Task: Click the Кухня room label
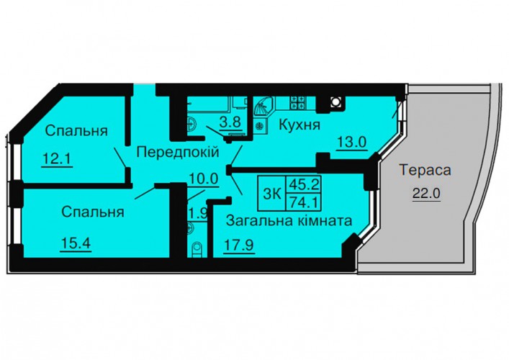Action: pos(299,125)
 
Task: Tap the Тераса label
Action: pos(425,170)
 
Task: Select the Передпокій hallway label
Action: pos(178,152)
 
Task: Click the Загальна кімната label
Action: pos(289,221)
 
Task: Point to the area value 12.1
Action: pos(57,159)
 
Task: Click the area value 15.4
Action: pos(76,243)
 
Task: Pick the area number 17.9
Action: pos(239,245)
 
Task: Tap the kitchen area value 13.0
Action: pos(352,142)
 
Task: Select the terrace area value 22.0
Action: pos(426,194)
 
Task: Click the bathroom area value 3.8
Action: pos(230,122)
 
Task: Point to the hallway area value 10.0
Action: pos(204,179)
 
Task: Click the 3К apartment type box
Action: pos(271,192)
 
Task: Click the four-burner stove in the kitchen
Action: pos(298,102)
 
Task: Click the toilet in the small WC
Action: pos(197,250)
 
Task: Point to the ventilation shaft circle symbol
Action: pos(335,102)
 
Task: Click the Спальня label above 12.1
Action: pos(76,131)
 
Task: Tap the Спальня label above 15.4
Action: pos(93,212)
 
